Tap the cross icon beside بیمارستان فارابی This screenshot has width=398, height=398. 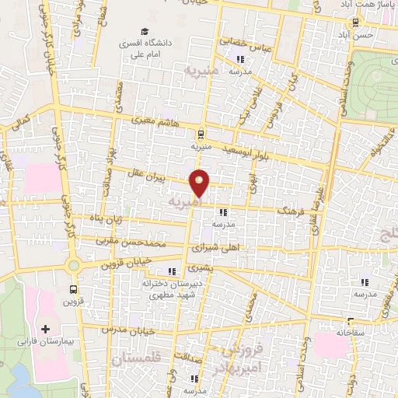coord(45,330)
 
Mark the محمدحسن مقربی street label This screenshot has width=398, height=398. coord(133,243)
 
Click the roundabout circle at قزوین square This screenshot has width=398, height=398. coord(75,266)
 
